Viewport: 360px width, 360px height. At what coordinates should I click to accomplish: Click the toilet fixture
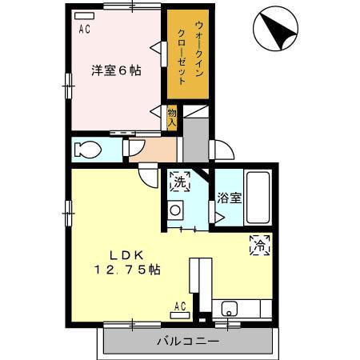[88, 149]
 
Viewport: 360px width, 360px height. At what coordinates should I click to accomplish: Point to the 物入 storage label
[172, 117]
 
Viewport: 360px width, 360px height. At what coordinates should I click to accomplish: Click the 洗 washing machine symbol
[180, 182]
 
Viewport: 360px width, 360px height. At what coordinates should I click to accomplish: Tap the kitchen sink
[229, 308]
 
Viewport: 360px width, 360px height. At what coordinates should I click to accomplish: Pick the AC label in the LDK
[180, 305]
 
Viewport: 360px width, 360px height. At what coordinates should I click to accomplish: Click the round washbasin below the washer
[175, 211]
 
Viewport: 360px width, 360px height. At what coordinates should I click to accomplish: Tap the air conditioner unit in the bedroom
[82, 16]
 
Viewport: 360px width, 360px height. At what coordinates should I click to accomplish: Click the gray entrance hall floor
[193, 140]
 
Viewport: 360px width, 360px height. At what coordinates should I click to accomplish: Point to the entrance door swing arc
[222, 152]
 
